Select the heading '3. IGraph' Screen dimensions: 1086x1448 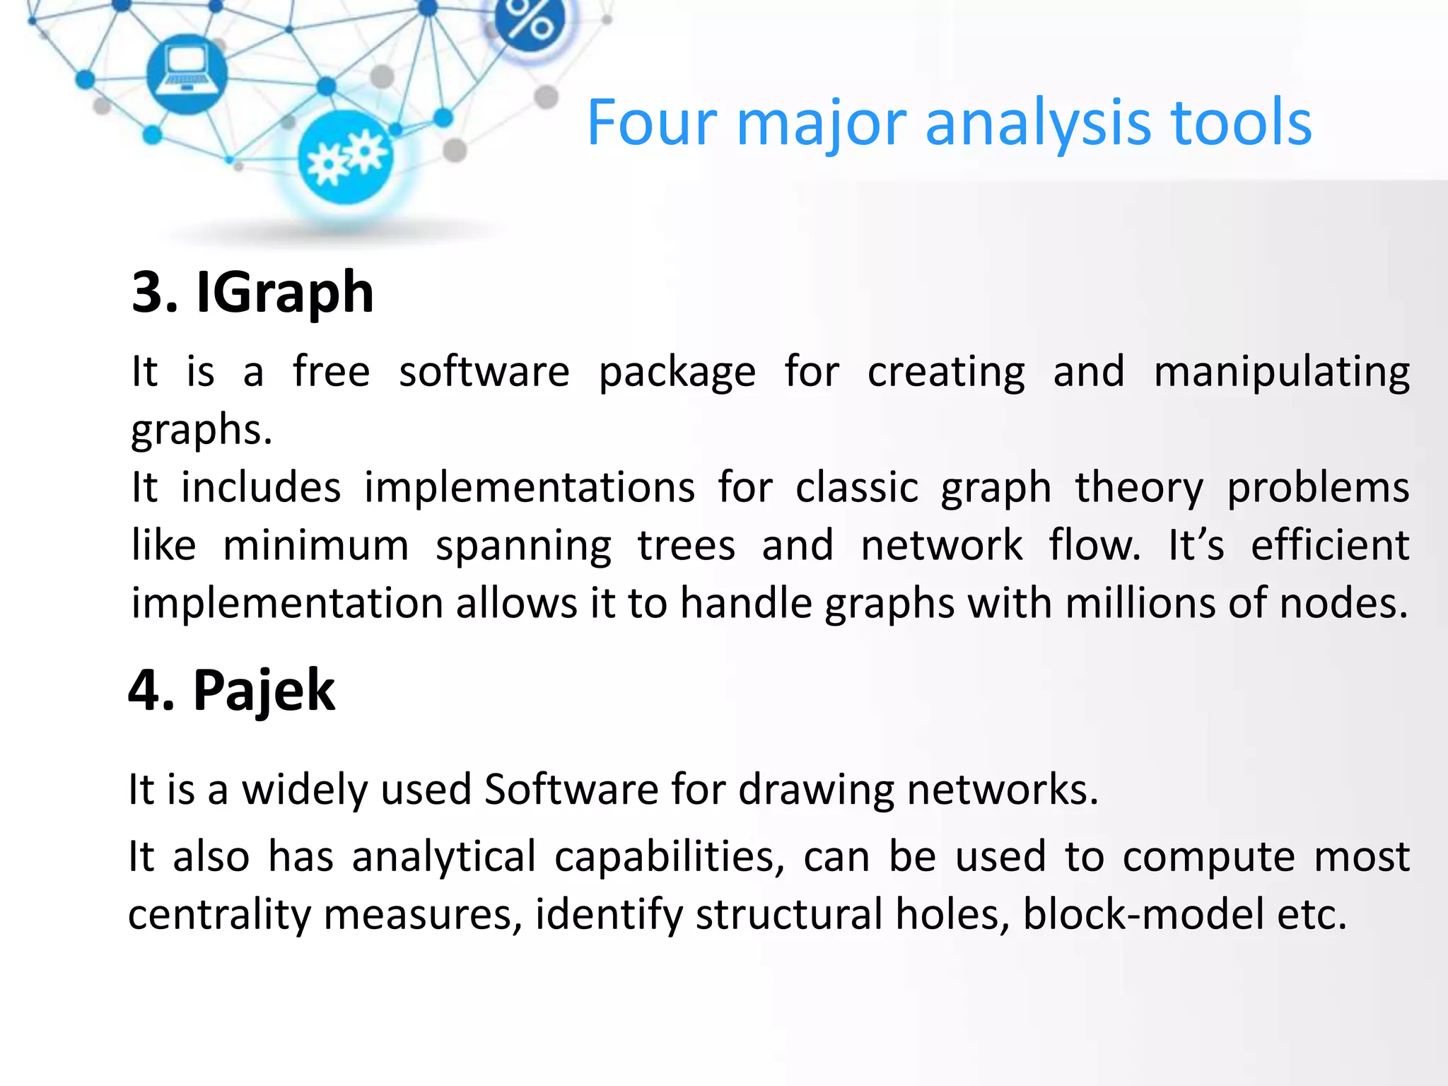252,293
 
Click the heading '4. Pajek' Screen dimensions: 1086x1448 231,691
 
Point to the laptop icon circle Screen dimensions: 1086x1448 187,74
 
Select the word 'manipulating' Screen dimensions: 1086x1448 1281,373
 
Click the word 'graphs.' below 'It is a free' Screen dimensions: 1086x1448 202,430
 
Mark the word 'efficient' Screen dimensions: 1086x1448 1330,546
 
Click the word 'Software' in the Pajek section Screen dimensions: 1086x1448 571,790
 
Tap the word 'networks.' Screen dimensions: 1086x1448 1003,790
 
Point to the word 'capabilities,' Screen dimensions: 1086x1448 670,858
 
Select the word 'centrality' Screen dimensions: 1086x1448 219,915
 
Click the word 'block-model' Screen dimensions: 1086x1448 1143,915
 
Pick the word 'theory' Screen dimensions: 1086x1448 1138,489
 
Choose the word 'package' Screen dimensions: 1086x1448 677,373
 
